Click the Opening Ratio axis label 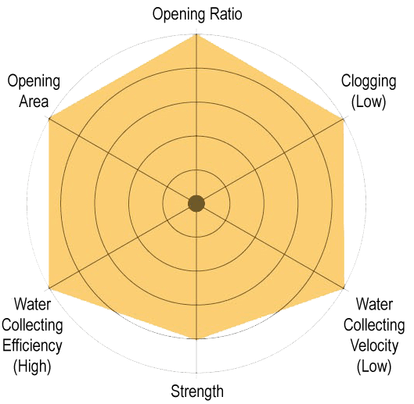pos(197,14)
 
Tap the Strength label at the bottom pos(197,391)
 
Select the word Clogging pos(369,82)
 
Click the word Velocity pos(374,346)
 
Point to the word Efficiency pos(32,346)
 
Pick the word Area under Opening pos(34,102)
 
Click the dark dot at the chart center pos(196,204)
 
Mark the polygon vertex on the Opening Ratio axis pos(196,34)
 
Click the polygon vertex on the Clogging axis pos(344,120)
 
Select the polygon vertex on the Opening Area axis pos(49,119)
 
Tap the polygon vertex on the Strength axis pos(196,339)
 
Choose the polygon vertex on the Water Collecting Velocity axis pos(344,288)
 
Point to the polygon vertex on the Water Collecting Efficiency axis pos(49,288)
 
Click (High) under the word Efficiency pos(32,366)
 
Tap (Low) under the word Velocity pos(374,366)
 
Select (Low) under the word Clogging pos(369,102)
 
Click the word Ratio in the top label pos(225,14)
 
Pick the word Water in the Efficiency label pos(32,304)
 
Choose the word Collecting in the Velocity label pos(374,325)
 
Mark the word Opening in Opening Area pos(34,82)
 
